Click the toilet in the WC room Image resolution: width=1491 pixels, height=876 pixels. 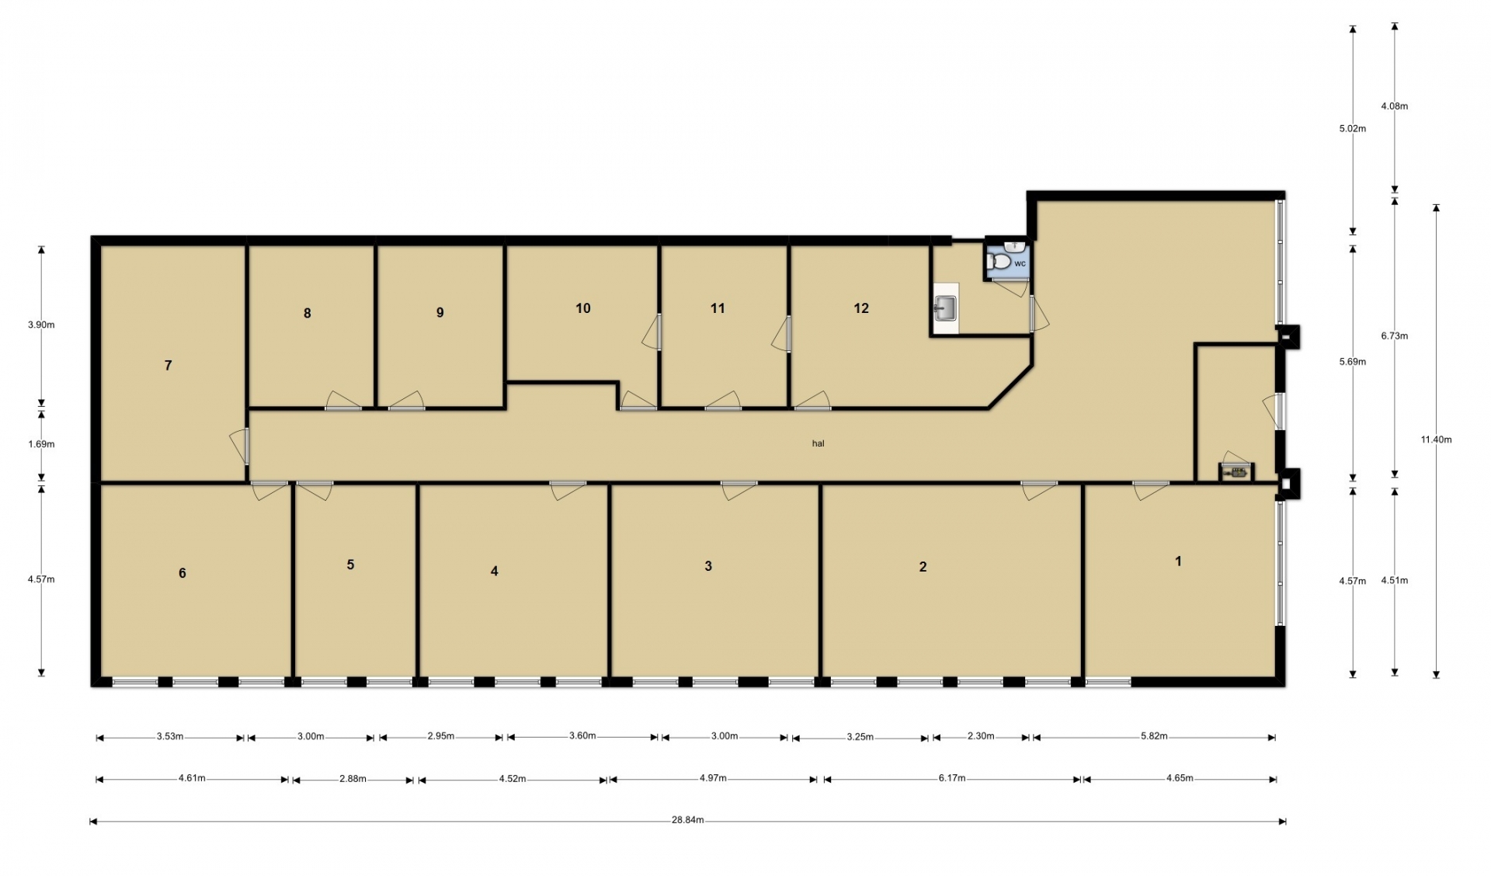999,262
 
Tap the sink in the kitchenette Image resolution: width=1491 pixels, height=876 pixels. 944,309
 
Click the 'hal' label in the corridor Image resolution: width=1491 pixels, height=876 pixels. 818,443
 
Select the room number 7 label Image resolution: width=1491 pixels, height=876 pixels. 168,365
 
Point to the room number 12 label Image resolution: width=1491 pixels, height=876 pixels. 861,308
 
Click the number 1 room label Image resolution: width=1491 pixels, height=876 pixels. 1178,561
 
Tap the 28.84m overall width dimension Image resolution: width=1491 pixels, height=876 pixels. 688,820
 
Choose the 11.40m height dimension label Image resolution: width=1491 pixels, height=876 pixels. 1437,440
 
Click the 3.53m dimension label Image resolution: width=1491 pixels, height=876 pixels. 170,736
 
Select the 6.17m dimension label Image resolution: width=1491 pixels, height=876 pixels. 952,777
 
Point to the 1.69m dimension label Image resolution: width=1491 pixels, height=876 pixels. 41,444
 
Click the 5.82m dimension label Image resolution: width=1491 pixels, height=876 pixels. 1154,736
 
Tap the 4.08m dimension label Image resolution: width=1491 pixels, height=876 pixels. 1395,106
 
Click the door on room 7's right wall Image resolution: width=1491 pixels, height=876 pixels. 241,447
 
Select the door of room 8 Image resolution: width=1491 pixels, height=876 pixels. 343,401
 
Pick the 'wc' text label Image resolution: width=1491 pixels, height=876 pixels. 1020,264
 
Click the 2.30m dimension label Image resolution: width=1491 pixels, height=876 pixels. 981,736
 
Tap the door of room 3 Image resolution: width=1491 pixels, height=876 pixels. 739,490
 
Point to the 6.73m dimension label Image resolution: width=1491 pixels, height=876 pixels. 1395,335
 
